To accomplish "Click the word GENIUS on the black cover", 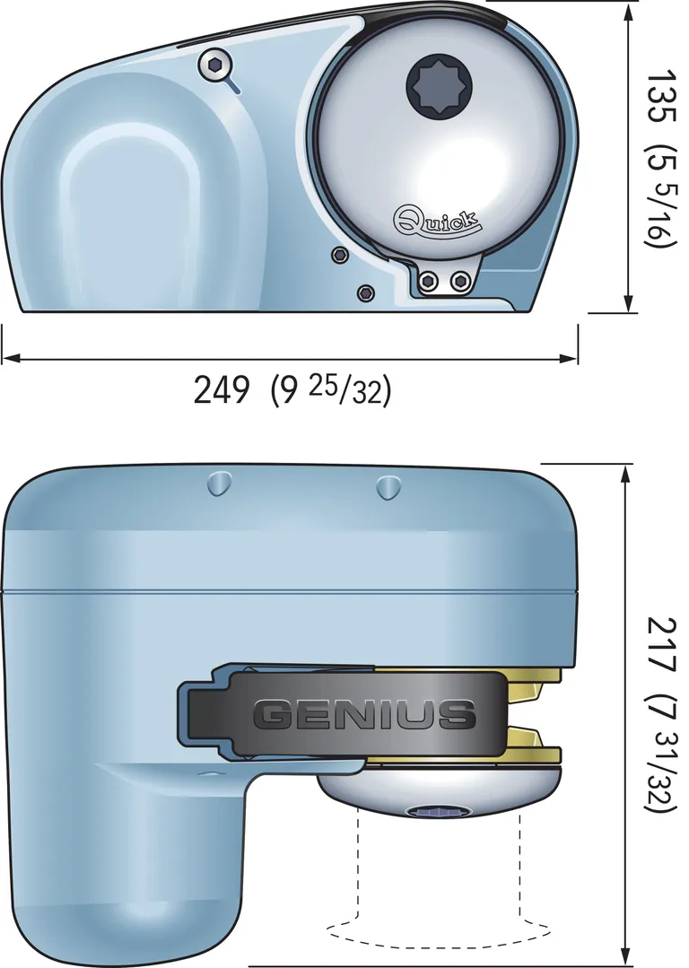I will (x=364, y=714).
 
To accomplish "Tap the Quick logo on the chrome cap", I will (x=438, y=218).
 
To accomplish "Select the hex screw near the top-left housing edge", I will (x=214, y=64).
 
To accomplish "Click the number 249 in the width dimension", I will (x=222, y=389).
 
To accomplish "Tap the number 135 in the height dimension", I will (x=662, y=98).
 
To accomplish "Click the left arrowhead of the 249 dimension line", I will (x=9, y=358).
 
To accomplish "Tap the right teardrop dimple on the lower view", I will (x=387, y=487).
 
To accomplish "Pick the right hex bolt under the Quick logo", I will (x=461, y=282).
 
